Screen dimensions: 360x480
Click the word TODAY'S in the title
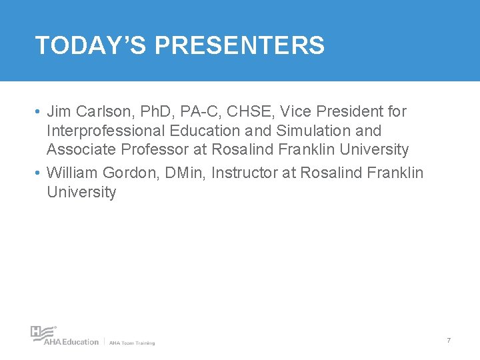[91, 45]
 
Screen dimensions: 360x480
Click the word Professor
[157, 149]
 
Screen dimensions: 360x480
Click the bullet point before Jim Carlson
[40, 111]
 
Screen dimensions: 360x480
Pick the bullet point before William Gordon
[40, 173]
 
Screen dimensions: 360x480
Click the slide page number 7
[449, 341]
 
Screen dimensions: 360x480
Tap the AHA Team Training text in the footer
[132, 343]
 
